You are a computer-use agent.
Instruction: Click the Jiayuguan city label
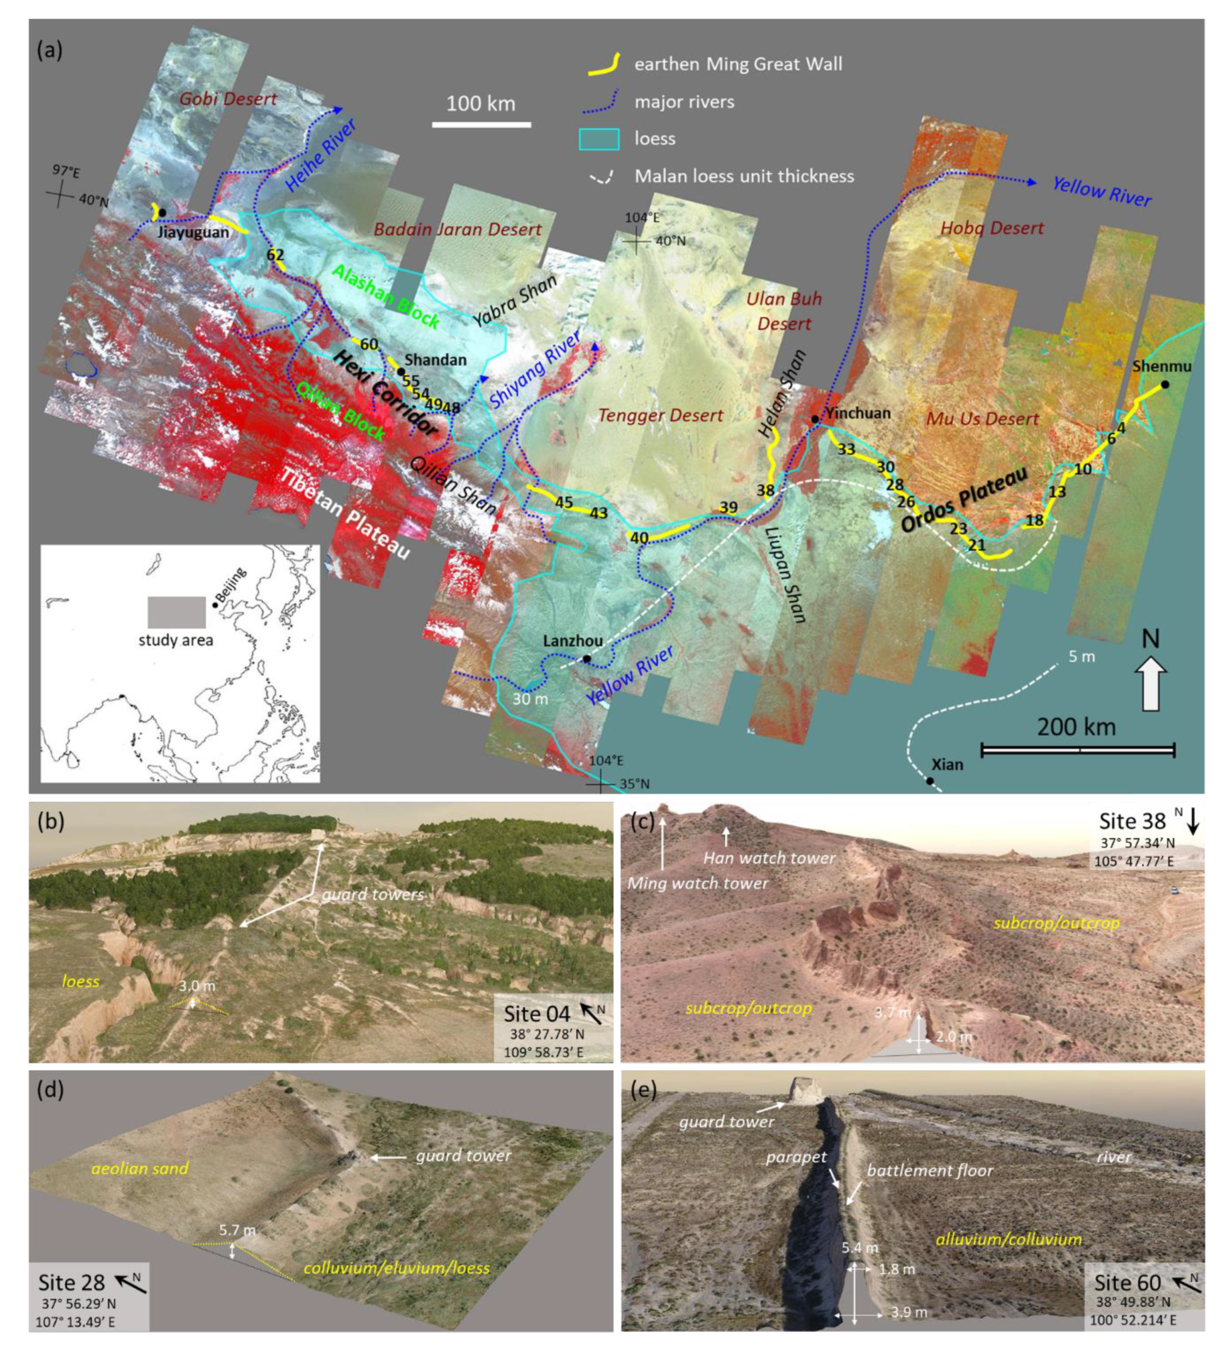(193, 232)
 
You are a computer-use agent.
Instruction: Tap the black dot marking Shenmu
(1164, 384)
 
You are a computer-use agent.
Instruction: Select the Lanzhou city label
(573, 641)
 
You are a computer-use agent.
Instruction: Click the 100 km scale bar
(481, 124)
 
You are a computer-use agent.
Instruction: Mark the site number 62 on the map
(275, 254)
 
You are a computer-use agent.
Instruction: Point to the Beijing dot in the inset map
(214, 605)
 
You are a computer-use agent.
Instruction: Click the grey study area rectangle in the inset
(176, 612)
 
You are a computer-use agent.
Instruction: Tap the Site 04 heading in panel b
(537, 1013)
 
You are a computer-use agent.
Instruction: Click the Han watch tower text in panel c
(769, 858)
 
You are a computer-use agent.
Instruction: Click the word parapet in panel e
(796, 1157)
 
